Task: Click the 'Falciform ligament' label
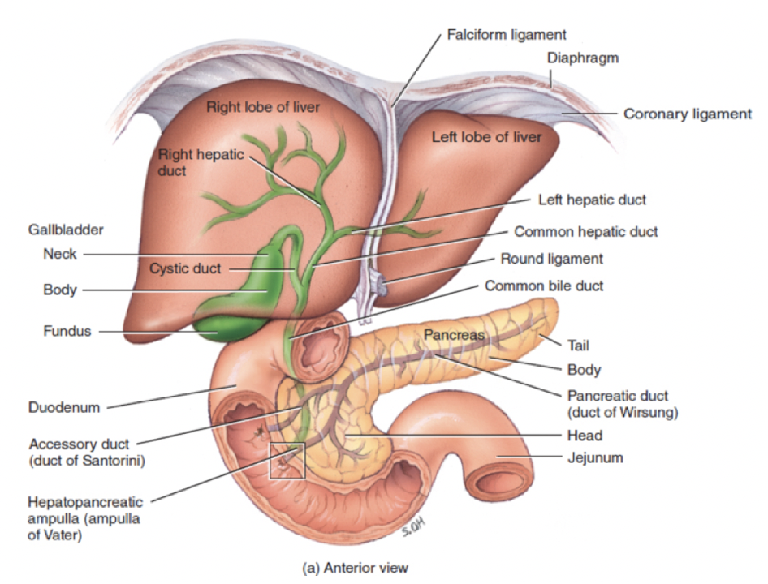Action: click(x=506, y=35)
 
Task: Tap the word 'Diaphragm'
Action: click(x=582, y=58)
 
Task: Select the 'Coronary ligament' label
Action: click(x=687, y=114)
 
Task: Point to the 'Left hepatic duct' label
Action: click(x=592, y=200)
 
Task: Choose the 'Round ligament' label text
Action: click(x=551, y=260)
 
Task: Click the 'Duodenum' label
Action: click(x=64, y=407)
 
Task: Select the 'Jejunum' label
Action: click(x=594, y=457)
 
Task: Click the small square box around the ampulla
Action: click(x=288, y=461)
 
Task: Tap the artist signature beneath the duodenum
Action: click(x=413, y=530)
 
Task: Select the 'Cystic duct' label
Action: click(x=184, y=268)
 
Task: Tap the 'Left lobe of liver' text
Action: click(x=486, y=137)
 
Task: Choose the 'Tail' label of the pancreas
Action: click(x=579, y=346)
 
